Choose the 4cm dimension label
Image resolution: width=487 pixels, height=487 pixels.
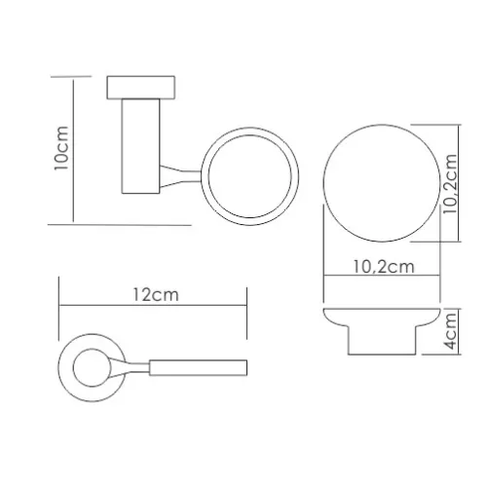click(x=452, y=329)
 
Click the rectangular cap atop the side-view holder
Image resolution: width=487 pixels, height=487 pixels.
click(x=141, y=88)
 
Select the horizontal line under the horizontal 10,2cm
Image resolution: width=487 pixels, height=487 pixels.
click(x=381, y=279)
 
